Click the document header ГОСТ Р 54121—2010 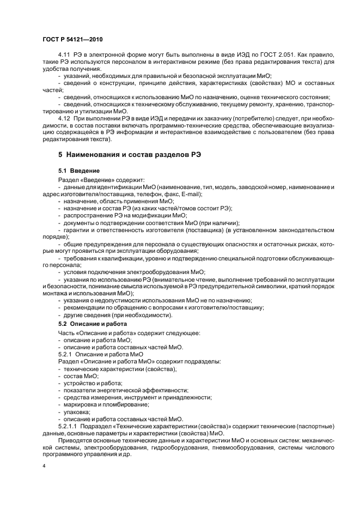coord(72,40)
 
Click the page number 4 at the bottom coord(43,467)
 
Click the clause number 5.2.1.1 coord(69,426)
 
